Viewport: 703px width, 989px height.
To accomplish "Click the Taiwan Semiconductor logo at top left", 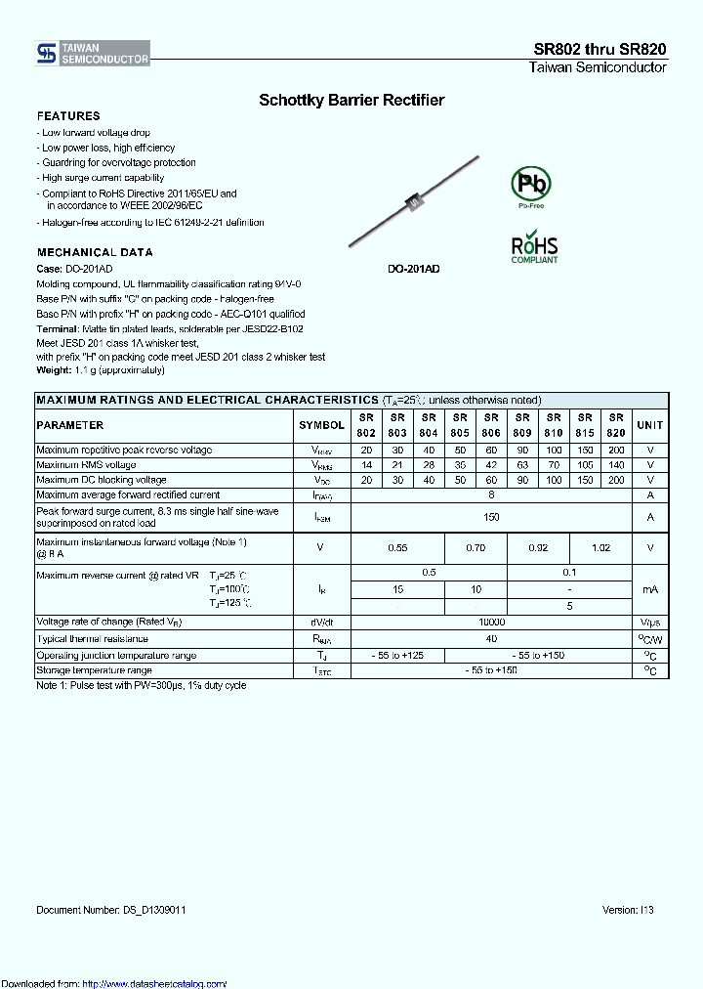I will click(93, 54).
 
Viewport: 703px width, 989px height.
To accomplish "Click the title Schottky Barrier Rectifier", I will click(351, 100).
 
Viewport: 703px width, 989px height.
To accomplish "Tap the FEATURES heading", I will click(68, 116).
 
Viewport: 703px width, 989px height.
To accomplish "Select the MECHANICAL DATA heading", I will click(95, 252).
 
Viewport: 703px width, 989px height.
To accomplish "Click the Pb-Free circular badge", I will click(531, 185).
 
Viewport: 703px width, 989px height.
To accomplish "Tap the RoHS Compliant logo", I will click(534, 247).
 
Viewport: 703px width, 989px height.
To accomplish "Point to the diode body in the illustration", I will click(413, 202).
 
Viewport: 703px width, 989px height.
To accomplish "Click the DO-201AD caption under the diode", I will click(413, 268).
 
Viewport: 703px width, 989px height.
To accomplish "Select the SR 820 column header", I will click(616, 425).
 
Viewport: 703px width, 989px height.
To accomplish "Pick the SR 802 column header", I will click(366, 425).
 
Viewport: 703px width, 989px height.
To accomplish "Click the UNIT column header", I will click(649, 425).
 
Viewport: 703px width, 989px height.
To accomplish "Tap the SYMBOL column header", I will click(321, 425).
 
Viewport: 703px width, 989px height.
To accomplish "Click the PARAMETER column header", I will click(70, 425).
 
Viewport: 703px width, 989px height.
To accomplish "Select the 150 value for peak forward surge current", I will click(491, 517).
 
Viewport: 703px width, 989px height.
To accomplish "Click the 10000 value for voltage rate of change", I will click(491, 623).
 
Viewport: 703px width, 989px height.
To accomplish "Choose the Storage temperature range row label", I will click(95, 670).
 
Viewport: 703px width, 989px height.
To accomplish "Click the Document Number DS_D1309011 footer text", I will click(111, 910).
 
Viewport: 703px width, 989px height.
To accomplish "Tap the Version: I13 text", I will click(628, 910).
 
